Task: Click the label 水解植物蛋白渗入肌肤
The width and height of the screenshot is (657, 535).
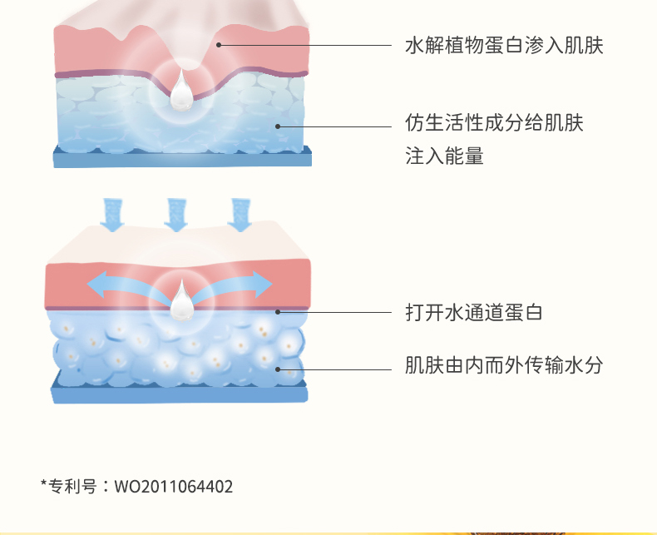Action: point(503,46)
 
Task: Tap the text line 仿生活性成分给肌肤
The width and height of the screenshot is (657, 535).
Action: point(494,124)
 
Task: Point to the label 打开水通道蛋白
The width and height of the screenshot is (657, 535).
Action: point(473,313)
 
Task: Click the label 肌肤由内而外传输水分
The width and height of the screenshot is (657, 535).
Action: point(503,365)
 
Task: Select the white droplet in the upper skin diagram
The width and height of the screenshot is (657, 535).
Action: point(181,94)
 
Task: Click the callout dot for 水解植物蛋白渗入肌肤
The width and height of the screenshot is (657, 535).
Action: point(220,45)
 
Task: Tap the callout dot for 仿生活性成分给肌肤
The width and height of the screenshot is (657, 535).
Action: point(278,126)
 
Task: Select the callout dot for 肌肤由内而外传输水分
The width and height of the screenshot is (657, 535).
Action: point(278,368)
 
